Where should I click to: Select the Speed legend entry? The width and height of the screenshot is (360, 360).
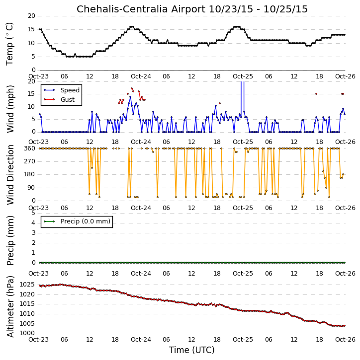[x=62, y=90]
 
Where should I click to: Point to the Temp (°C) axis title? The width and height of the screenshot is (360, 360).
[x=9, y=44]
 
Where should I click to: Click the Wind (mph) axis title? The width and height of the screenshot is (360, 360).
[x=10, y=109]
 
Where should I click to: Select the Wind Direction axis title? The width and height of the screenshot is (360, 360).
[x=10, y=175]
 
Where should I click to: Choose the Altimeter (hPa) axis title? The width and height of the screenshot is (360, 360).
[x=10, y=306]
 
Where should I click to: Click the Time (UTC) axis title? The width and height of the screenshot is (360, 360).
[x=192, y=350]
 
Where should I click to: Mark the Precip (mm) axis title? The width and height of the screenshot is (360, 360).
[x=10, y=240]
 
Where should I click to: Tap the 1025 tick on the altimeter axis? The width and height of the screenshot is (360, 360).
[x=27, y=285]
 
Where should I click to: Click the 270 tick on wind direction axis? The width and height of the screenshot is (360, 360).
[x=30, y=161]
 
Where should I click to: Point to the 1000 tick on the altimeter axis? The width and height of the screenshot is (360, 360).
[x=27, y=333]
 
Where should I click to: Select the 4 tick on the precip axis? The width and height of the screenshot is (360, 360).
[x=33, y=223]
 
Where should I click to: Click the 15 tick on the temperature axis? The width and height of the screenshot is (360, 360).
[x=31, y=29]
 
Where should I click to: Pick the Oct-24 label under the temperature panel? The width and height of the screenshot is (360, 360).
[x=141, y=76]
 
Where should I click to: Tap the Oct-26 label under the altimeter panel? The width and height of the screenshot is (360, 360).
[x=345, y=339]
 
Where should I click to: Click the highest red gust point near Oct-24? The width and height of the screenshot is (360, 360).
[x=132, y=88]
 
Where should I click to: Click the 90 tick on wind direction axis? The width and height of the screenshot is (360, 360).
[x=32, y=188]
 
